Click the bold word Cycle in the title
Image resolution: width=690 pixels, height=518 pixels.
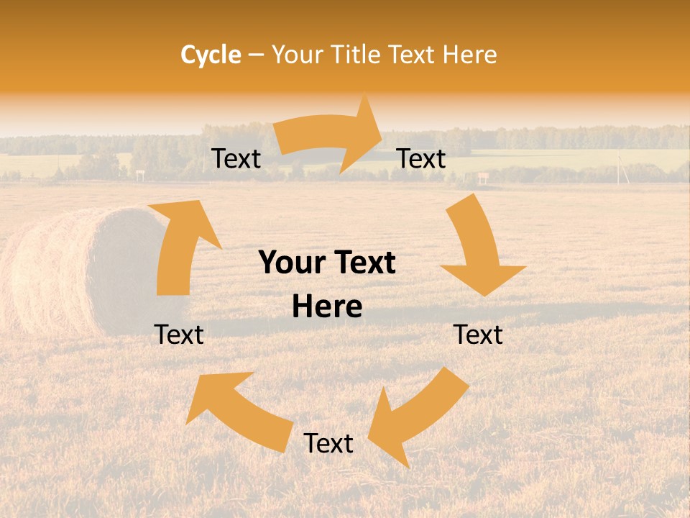(x=211, y=54)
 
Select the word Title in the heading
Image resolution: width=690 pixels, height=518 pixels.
(x=358, y=54)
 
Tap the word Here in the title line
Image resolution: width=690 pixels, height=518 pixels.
(x=469, y=54)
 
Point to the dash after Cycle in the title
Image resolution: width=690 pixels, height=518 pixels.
(x=257, y=55)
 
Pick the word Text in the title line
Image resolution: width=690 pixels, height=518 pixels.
(x=412, y=54)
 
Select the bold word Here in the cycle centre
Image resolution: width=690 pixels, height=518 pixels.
(x=327, y=307)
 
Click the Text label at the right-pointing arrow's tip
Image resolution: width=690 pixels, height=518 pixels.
(x=421, y=158)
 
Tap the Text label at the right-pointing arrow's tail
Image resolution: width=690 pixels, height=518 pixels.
(x=236, y=158)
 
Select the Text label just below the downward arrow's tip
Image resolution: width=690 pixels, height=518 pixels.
(x=478, y=335)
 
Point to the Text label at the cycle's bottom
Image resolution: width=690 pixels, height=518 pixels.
(x=328, y=443)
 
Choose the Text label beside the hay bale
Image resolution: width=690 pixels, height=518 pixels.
(x=179, y=335)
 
